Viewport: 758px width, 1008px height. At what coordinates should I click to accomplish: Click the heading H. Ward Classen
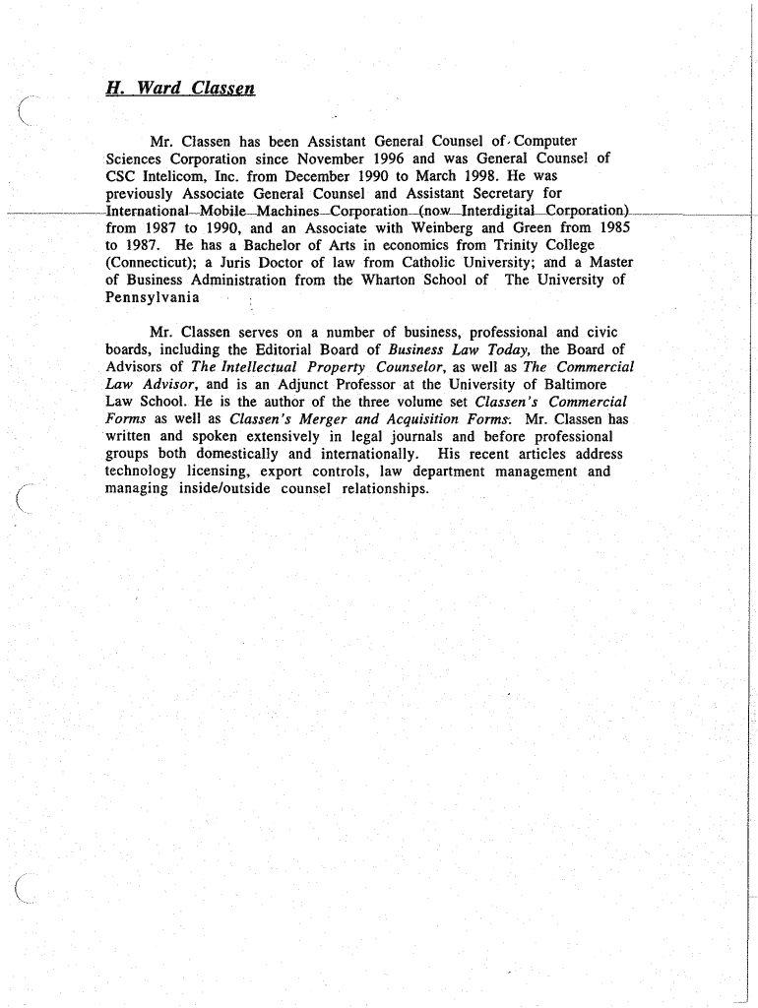180,89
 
